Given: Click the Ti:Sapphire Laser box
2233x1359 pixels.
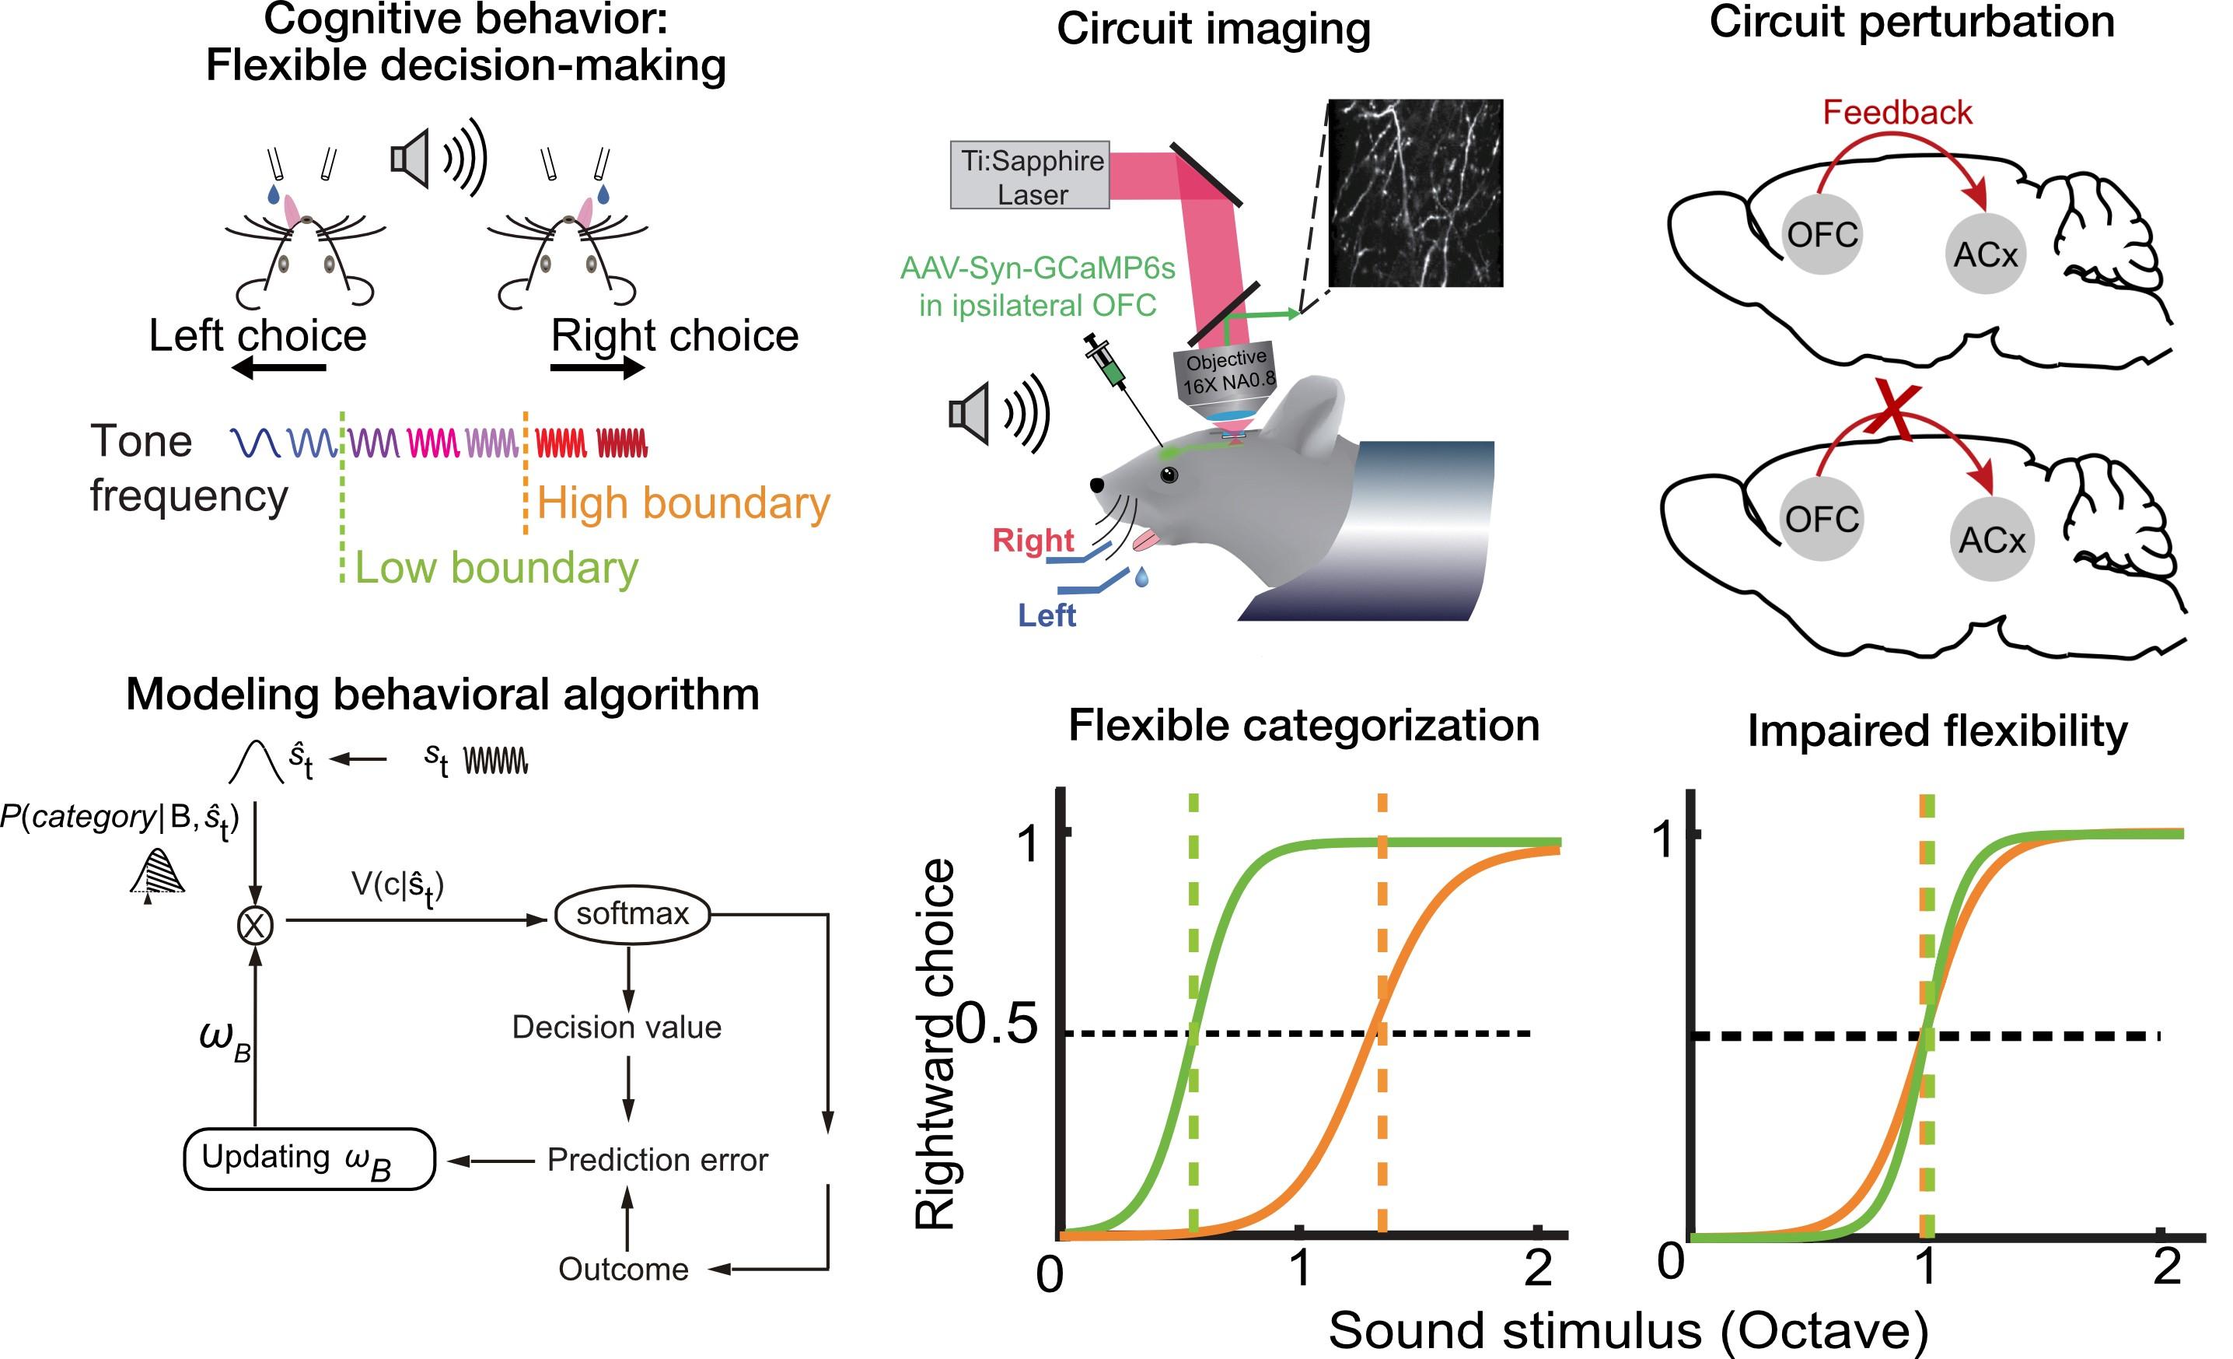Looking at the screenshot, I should click(1029, 176).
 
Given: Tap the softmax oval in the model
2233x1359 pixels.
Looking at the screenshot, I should click(631, 914).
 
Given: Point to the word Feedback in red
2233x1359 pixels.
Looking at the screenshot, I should click(1897, 113).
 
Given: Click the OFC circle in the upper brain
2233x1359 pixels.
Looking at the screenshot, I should click(1822, 235).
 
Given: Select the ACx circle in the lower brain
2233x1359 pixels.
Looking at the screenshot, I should click(1991, 541).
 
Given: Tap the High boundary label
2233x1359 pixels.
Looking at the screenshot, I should click(683, 503).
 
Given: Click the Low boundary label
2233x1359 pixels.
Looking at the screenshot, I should click(496, 568).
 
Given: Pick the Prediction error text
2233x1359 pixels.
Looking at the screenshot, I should click(657, 1160).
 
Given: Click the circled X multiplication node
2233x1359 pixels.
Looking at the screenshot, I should click(255, 925).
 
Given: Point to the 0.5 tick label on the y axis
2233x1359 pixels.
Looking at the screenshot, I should click(996, 1025).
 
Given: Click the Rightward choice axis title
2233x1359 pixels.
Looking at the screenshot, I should click(935, 1042).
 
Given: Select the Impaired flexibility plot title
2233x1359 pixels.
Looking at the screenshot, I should click(1937, 730).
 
